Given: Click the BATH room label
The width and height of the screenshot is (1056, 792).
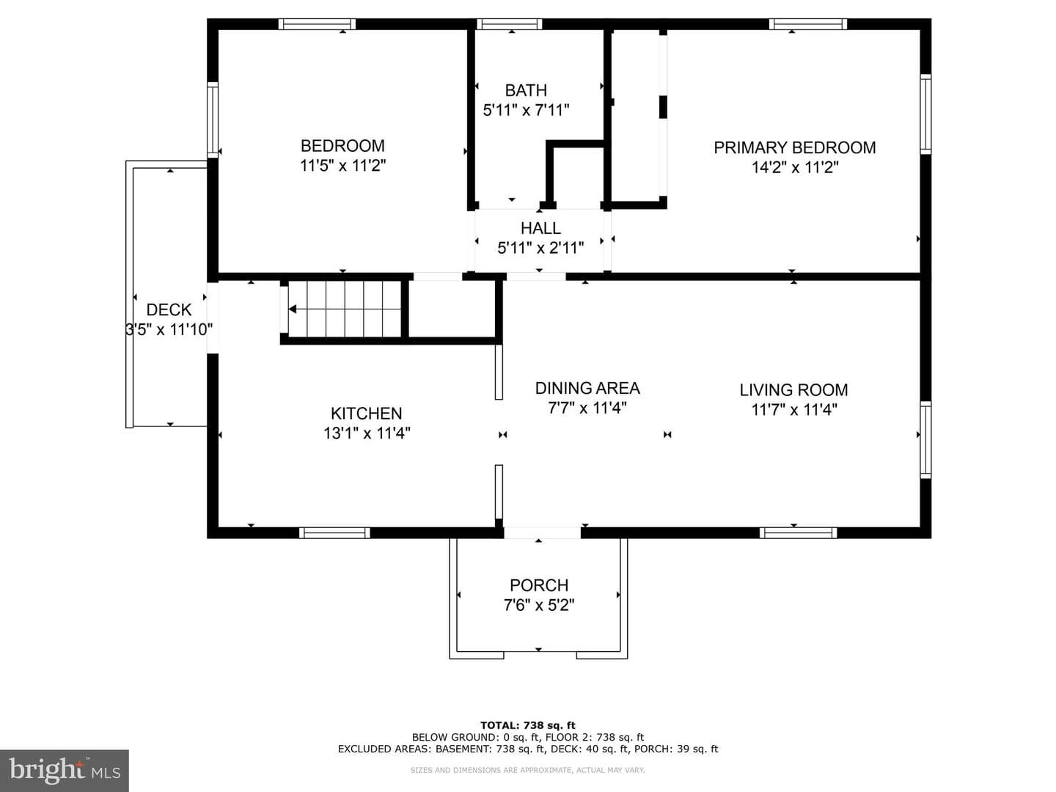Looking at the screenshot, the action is (x=526, y=90).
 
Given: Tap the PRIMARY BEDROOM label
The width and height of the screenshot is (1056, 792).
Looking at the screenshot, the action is (x=795, y=147).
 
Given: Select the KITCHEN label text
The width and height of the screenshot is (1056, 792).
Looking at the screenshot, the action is (x=366, y=414).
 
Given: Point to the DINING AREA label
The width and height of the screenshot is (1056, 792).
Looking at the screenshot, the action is (x=587, y=388).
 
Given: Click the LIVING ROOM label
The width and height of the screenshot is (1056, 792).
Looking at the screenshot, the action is (x=793, y=390).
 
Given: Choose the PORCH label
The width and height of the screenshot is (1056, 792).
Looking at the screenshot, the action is (x=539, y=585).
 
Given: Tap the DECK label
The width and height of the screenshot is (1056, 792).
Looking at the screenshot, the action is (x=169, y=309).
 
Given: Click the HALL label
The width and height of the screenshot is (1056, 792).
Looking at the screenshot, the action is (x=540, y=228).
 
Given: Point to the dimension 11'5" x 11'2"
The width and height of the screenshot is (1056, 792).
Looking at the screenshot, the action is (x=343, y=166).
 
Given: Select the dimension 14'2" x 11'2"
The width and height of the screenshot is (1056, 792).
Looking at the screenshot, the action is (x=795, y=168).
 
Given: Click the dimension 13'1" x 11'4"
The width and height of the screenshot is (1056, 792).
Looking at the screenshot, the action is (x=367, y=433).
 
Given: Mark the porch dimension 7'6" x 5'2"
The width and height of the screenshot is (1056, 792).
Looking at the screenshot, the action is (x=539, y=605).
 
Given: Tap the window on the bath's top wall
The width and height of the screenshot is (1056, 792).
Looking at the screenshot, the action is (x=510, y=24).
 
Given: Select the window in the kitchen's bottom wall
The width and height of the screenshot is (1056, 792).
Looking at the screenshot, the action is (x=335, y=533).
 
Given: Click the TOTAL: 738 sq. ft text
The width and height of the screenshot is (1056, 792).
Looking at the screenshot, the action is (x=528, y=725).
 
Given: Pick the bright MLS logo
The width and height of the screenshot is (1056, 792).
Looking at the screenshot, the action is (x=65, y=771).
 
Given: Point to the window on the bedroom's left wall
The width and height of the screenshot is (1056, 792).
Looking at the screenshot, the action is (x=213, y=120).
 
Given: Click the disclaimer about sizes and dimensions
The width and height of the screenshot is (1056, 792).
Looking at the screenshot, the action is (x=528, y=770).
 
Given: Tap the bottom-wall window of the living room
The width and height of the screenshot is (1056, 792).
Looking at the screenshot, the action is (x=799, y=533).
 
